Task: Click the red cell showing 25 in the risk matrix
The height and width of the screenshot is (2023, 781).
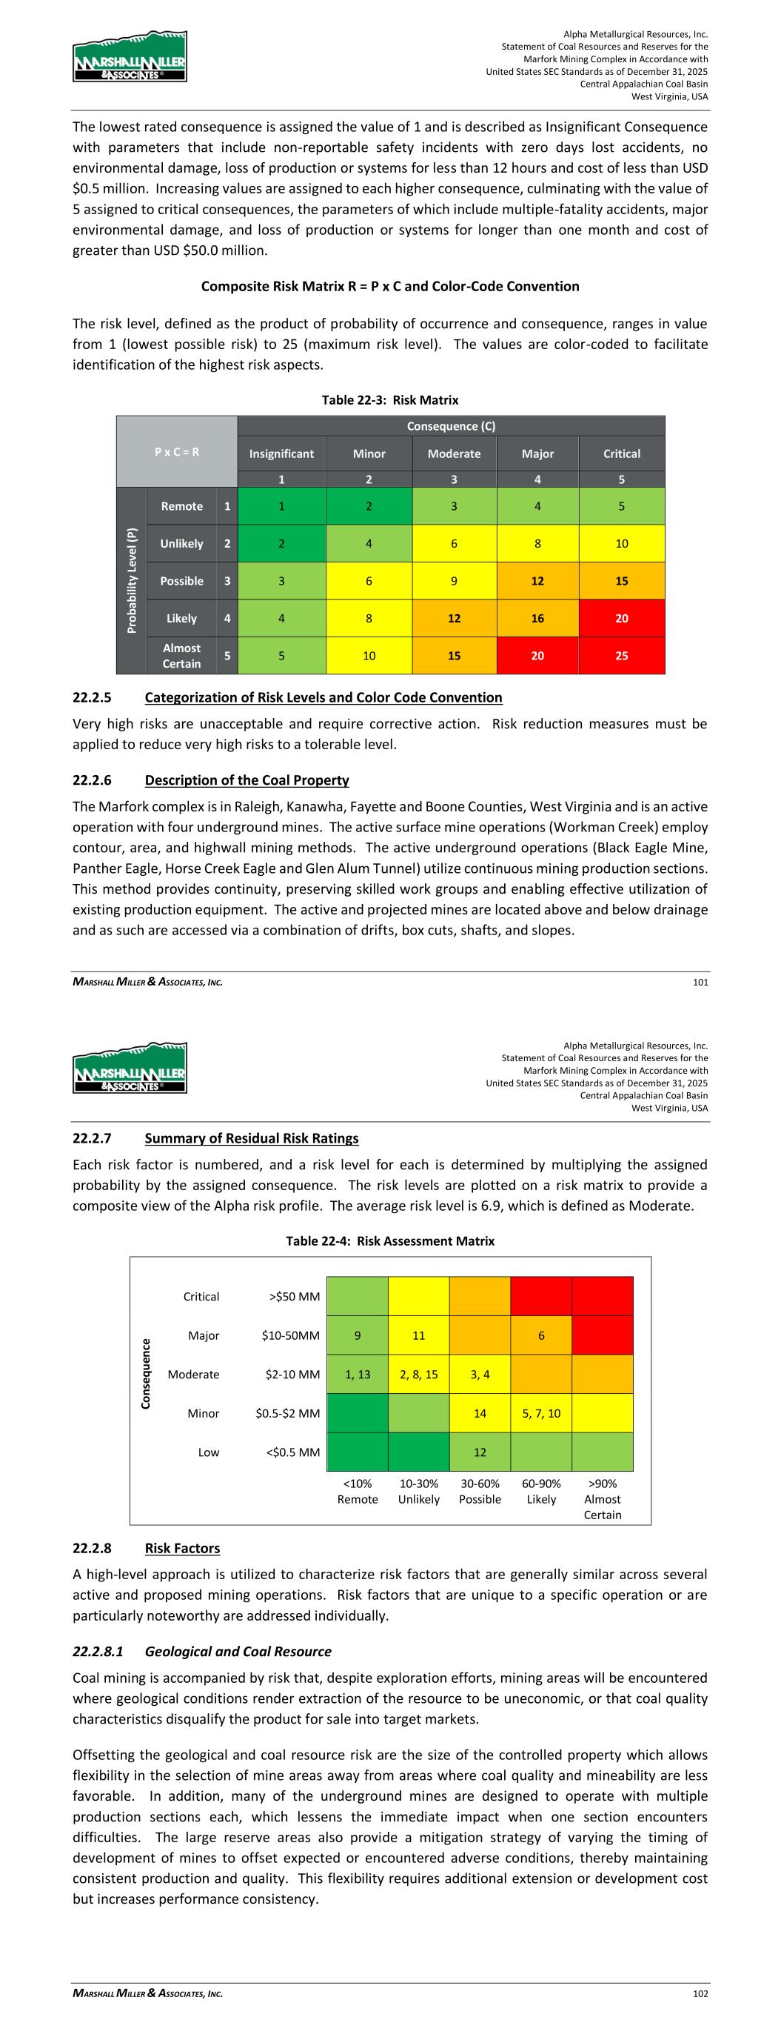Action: [x=621, y=656]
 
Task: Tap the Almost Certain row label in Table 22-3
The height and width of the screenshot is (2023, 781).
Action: [x=181, y=656]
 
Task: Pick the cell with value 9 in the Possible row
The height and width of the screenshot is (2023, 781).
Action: [x=454, y=581]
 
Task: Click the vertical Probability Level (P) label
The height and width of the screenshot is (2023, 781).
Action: [x=132, y=580]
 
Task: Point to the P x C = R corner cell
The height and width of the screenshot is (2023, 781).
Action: [x=177, y=451]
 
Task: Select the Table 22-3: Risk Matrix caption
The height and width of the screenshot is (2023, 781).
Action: [x=390, y=400]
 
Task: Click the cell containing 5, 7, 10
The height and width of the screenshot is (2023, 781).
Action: [x=541, y=1414]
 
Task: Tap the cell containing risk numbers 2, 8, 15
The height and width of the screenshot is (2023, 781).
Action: [x=418, y=1375]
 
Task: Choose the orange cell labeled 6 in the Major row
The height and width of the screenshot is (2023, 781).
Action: [x=541, y=1336]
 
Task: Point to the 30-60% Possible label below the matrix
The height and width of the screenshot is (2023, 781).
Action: [x=480, y=1492]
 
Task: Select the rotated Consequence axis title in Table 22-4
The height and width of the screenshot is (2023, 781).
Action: [x=146, y=1374]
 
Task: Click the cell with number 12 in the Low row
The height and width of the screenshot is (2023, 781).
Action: [x=480, y=1452]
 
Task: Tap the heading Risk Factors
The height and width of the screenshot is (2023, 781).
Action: [x=182, y=1548]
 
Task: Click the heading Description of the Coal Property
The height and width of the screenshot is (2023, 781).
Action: [x=247, y=780]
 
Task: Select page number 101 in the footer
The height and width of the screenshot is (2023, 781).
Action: [x=700, y=982]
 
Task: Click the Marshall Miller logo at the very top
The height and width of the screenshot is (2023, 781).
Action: [x=130, y=56]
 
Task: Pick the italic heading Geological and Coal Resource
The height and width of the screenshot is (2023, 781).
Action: [x=238, y=1651]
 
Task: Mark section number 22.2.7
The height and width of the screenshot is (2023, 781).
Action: [x=92, y=1138]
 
